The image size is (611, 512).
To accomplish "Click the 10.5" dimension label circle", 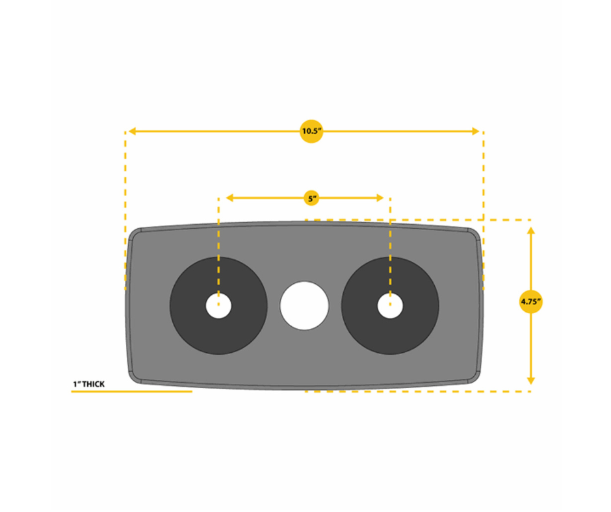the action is point(311,131).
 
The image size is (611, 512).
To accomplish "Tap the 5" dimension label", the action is point(311,199).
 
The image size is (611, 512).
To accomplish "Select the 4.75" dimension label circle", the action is point(531,301).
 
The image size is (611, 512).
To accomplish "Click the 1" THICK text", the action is point(89,384).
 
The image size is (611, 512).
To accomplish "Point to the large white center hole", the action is point(304,305).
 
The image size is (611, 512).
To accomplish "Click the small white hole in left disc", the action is point(218,305).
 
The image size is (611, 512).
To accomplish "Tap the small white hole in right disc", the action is point(390,305).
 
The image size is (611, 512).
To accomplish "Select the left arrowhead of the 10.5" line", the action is point(132,131).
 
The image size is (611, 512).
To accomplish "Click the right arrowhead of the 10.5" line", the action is point(476,131).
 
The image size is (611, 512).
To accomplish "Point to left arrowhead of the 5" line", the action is point(229,198).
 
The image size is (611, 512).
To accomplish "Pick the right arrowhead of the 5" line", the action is point(380,198).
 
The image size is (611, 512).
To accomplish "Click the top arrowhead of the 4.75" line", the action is point(531,231).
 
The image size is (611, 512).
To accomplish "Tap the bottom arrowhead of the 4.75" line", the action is point(531,381).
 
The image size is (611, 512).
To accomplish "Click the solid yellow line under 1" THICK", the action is point(132,391).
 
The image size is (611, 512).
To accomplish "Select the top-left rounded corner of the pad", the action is point(135,233).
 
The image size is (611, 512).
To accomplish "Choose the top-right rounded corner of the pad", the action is point(474,233).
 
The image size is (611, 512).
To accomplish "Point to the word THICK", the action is point(94,384).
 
